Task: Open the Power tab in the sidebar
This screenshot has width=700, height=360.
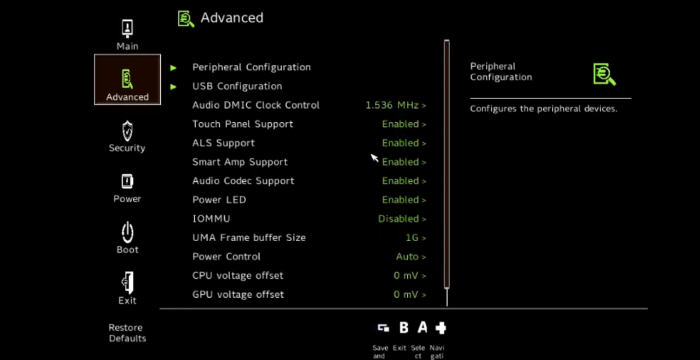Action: pos(127,186)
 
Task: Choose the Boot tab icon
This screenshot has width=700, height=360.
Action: pos(127,237)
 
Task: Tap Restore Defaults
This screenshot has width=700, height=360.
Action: pos(127,333)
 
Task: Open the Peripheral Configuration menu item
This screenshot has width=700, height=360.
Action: pos(251,67)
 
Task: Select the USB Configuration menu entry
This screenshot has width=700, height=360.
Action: pos(237,86)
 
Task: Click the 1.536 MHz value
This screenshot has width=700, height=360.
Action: pos(395,105)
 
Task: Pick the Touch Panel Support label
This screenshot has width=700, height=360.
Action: pos(242,124)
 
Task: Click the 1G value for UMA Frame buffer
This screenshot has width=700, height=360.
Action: pos(414,238)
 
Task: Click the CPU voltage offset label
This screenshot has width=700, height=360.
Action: pos(238,275)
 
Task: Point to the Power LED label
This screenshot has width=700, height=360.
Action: pos(219,200)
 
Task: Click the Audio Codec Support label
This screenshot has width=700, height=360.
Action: pos(243,181)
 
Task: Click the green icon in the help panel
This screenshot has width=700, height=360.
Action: pos(603,73)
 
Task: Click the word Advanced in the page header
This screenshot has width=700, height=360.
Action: pos(232,17)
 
